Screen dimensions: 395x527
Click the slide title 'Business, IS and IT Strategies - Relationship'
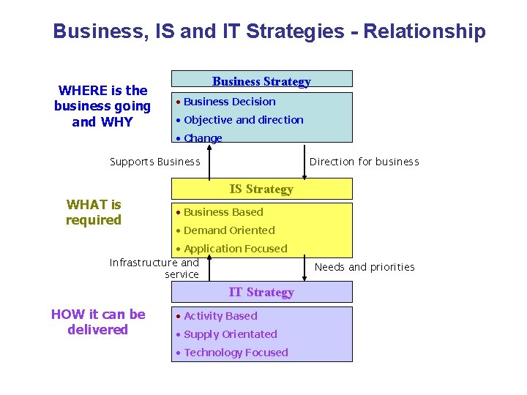click(x=269, y=31)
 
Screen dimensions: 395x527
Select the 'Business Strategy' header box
click(x=261, y=80)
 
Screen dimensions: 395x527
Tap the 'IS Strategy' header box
click(x=261, y=189)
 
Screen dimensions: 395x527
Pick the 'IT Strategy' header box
click(x=261, y=292)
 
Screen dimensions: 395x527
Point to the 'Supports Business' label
click(x=154, y=162)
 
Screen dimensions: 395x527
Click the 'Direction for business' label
click(x=364, y=162)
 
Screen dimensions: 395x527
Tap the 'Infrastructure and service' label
click(x=154, y=268)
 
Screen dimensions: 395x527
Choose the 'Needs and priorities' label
click(x=364, y=267)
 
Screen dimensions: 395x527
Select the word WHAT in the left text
click(x=83, y=205)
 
